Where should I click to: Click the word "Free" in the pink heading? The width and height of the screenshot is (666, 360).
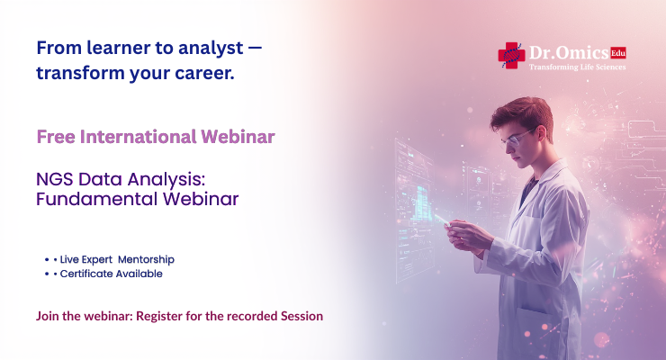pyautogui.click(x=56, y=137)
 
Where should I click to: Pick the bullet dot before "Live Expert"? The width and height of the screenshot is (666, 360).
pyautogui.click(x=46, y=259)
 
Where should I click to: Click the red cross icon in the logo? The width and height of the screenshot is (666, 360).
pyautogui.click(x=511, y=56)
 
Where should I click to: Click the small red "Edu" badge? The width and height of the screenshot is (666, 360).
pyautogui.click(x=617, y=52)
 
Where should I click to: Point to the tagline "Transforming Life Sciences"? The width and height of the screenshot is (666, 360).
pyautogui.click(x=576, y=67)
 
